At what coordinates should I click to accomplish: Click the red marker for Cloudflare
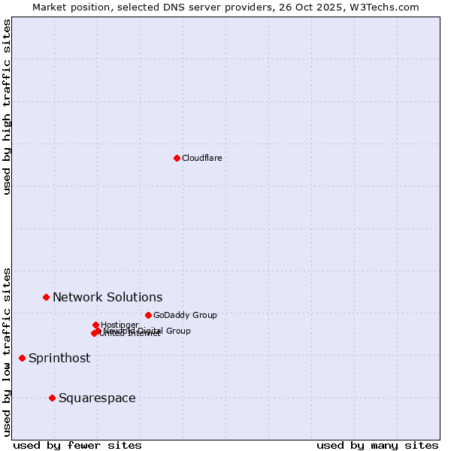177,158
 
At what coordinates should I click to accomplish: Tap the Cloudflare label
201,158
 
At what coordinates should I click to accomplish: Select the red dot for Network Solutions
46,297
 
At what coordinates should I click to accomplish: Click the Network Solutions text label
107,297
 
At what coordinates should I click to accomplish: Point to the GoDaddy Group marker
148,315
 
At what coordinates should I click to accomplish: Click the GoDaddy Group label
185,315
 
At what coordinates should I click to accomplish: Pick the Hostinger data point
95,325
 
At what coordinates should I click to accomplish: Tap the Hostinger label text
120,325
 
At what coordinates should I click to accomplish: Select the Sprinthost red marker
22,358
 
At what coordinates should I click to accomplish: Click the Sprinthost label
59,358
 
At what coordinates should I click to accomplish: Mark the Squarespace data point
52,398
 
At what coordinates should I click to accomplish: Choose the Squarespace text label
97,398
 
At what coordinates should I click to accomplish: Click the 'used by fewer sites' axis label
77,445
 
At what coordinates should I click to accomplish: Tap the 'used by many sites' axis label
377,445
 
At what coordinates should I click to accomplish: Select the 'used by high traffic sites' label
7,107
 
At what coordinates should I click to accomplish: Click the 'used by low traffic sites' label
7,351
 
